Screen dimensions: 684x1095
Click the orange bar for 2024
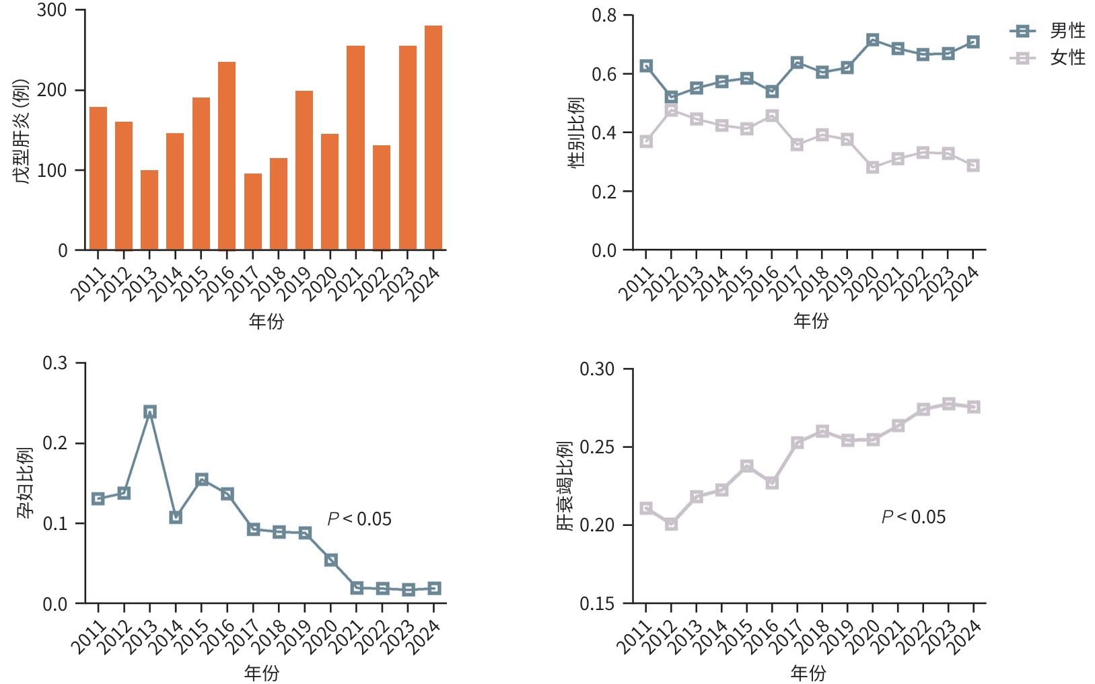[433, 138]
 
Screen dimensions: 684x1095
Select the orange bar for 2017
[253, 212]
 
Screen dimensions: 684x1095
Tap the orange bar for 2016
[227, 156]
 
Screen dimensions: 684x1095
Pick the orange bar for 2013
[149, 210]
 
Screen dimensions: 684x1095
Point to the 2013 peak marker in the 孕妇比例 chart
[150, 412]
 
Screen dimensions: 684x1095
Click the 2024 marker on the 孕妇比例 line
[434, 588]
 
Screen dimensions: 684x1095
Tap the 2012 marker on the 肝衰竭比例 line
[671, 523]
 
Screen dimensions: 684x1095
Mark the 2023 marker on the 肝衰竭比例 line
[948, 404]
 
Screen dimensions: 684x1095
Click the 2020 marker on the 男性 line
[873, 40]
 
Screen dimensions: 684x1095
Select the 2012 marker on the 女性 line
[671, 110]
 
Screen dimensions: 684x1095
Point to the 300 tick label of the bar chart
[52, 11]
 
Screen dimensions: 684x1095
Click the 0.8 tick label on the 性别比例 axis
[604, 15]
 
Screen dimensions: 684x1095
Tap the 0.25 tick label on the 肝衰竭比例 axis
[597, 447]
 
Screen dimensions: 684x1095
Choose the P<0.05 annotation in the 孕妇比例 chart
[359, 519]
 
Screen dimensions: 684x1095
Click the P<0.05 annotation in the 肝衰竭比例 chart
[913, 517]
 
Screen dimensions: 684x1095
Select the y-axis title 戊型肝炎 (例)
[22, 131]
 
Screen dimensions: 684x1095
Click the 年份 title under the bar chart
[267, 321]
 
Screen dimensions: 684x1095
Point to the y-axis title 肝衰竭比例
[565, 486]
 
